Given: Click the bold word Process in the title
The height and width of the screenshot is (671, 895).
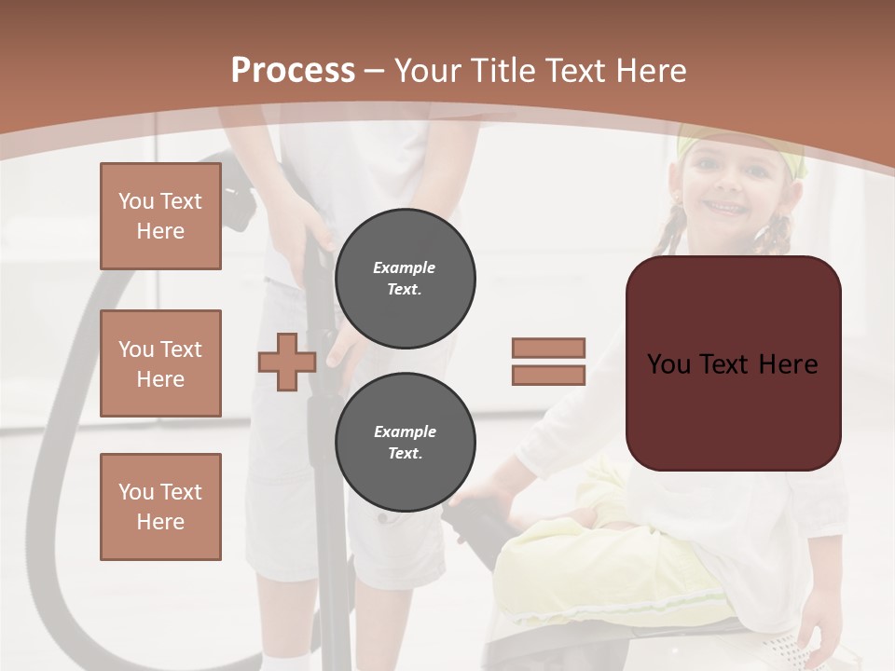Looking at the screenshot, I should [x=293, y=71].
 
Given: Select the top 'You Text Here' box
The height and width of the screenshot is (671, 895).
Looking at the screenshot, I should [x=160, y=216].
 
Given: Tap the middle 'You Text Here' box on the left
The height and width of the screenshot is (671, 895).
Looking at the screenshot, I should [x=160, y=363].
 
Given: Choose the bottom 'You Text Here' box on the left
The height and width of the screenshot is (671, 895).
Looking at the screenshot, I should [x=160, y=507].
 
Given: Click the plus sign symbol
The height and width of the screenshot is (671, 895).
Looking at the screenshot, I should [x=287, y=362].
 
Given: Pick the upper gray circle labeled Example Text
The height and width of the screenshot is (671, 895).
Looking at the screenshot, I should [x=405, y=279].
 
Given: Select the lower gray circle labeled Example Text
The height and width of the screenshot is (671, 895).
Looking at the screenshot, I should [x=405, y=443].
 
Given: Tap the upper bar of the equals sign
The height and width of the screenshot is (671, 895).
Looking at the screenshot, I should [x=548, y=348].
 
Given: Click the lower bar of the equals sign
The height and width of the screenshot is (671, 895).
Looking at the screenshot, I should [x=548, y=376].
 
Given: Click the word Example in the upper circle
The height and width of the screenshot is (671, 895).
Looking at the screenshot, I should [x=405, y=268].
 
